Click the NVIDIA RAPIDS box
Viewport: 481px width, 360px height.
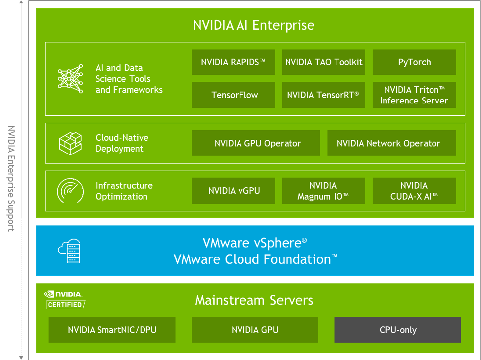(x=233, y=62)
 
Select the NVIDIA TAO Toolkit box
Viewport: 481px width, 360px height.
(x=324, y=62)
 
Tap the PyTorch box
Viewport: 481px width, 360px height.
(x=414, y=62)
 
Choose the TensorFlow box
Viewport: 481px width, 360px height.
(x=233, y=95)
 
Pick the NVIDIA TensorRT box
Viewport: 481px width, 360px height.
(x=324, y=95)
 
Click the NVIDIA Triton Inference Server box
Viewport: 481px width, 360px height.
(x=414, y=95)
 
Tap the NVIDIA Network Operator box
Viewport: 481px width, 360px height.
(x=391, y=143)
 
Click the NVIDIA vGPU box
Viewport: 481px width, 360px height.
(x=233, y=191)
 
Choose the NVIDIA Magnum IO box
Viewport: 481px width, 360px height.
(x=324, y=191)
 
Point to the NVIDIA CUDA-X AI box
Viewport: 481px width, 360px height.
(x=414, y=191)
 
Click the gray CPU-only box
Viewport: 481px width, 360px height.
(x=397, y=330)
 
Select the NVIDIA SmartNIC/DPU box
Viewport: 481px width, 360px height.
(x=112, y=330)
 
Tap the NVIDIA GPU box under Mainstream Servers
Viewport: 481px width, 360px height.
(x=255, y=330)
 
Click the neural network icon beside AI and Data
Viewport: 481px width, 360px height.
(x=70, y=79)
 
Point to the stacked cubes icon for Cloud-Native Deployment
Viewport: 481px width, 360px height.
(x=70, y=143)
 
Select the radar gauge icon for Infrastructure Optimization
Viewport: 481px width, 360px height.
(x=70, y=191)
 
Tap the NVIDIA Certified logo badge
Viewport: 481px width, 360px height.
(x=64, y=300)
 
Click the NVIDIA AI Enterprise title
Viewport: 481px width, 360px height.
(x=254, y=25)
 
